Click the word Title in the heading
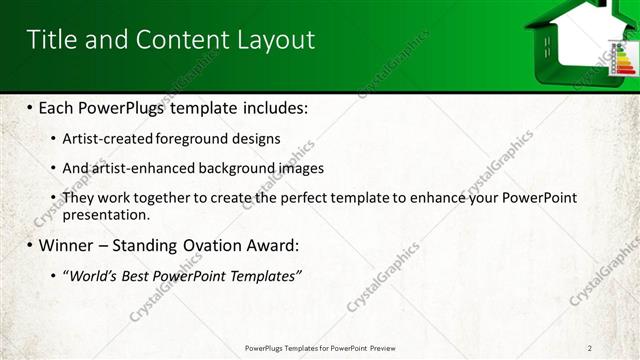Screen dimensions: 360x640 [x=47, y=39]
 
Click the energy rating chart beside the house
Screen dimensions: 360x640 [x=623, y=58]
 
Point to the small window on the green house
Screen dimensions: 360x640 [x=547, y=42]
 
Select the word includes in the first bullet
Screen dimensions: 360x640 [x=271, y=107]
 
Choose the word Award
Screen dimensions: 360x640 [x=270, y=245]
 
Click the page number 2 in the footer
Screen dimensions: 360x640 [x=590, y=347]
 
